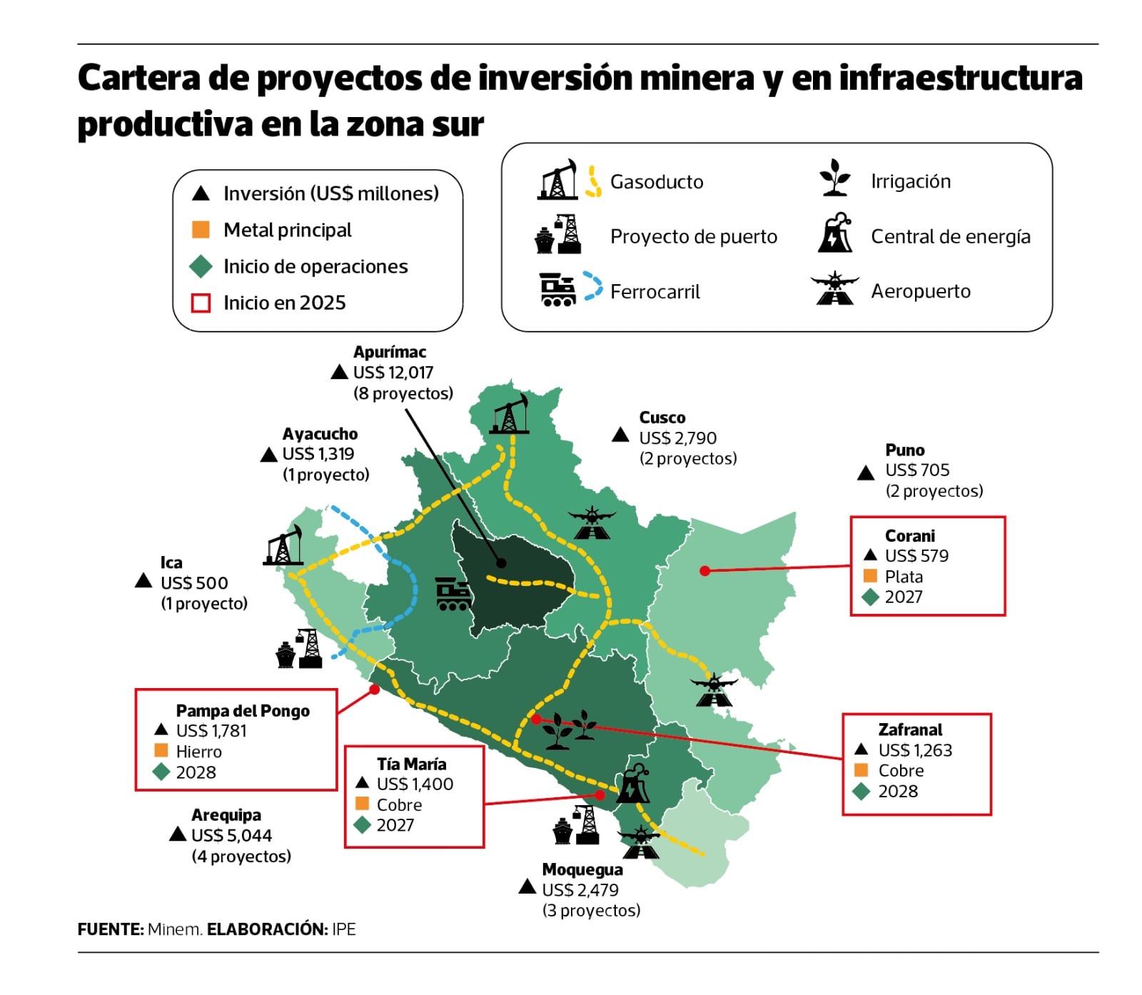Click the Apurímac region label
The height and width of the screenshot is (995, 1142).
[390, 352]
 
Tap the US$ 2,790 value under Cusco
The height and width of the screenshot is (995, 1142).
[677, 438]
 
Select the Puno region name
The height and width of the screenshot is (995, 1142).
[904, 450]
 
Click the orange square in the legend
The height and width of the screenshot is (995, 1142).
[201, 230]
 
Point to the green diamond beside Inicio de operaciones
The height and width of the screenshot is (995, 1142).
[201, 266]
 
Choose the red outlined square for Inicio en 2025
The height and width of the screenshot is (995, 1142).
[201, 303]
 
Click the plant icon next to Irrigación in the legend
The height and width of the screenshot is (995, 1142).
[834, 178]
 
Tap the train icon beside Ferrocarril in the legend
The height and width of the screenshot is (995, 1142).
[557, 289]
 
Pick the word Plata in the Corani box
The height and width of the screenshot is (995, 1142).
[904, 577]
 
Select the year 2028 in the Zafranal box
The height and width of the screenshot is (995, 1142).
[898, 791]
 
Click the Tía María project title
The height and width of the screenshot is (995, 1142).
[412, 764]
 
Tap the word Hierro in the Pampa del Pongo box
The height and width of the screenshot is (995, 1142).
[198, 752]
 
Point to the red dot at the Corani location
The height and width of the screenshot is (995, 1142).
[704, 570]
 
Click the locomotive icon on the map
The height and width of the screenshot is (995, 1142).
[453, 594]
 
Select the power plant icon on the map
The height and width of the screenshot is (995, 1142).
[632, 784]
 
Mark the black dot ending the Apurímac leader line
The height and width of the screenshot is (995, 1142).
[501, 563]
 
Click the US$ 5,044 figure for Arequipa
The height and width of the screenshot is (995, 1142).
[231, 835]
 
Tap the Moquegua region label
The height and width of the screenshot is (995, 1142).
[582, 869]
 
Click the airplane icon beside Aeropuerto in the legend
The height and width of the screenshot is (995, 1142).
[834, 289]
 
